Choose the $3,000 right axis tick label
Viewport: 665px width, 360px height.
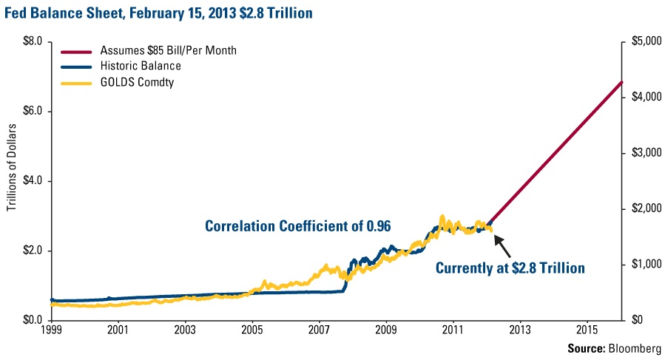642,153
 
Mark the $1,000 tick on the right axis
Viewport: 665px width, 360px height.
642,265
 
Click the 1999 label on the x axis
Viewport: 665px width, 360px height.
51,329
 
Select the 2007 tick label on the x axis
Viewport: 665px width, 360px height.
319,329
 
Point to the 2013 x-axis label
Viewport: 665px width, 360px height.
520,329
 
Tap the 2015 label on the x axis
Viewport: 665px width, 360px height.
587,329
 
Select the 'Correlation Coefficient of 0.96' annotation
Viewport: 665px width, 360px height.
297,225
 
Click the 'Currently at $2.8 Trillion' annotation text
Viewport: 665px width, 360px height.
510,268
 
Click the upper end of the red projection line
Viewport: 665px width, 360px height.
622,82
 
